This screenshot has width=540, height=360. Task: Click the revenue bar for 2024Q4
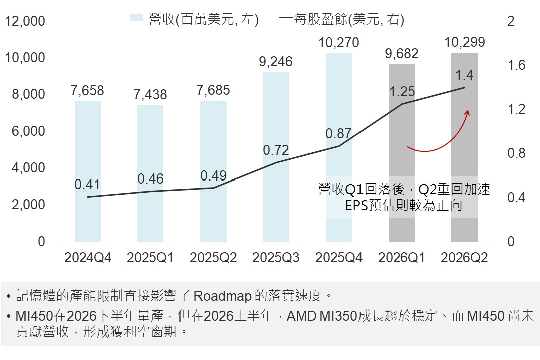88,171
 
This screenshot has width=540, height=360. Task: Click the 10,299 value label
465,43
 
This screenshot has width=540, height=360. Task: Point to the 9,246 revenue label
276,62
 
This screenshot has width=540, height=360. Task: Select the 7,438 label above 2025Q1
150,94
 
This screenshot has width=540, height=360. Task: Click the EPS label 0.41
87,185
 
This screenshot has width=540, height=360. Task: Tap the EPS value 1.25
402,92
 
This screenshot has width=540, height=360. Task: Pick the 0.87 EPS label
338,134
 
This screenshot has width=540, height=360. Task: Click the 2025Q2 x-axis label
213,258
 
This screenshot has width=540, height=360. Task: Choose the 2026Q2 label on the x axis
464,258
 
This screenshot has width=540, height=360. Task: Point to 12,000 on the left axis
25,21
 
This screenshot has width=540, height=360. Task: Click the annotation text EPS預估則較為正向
404,205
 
